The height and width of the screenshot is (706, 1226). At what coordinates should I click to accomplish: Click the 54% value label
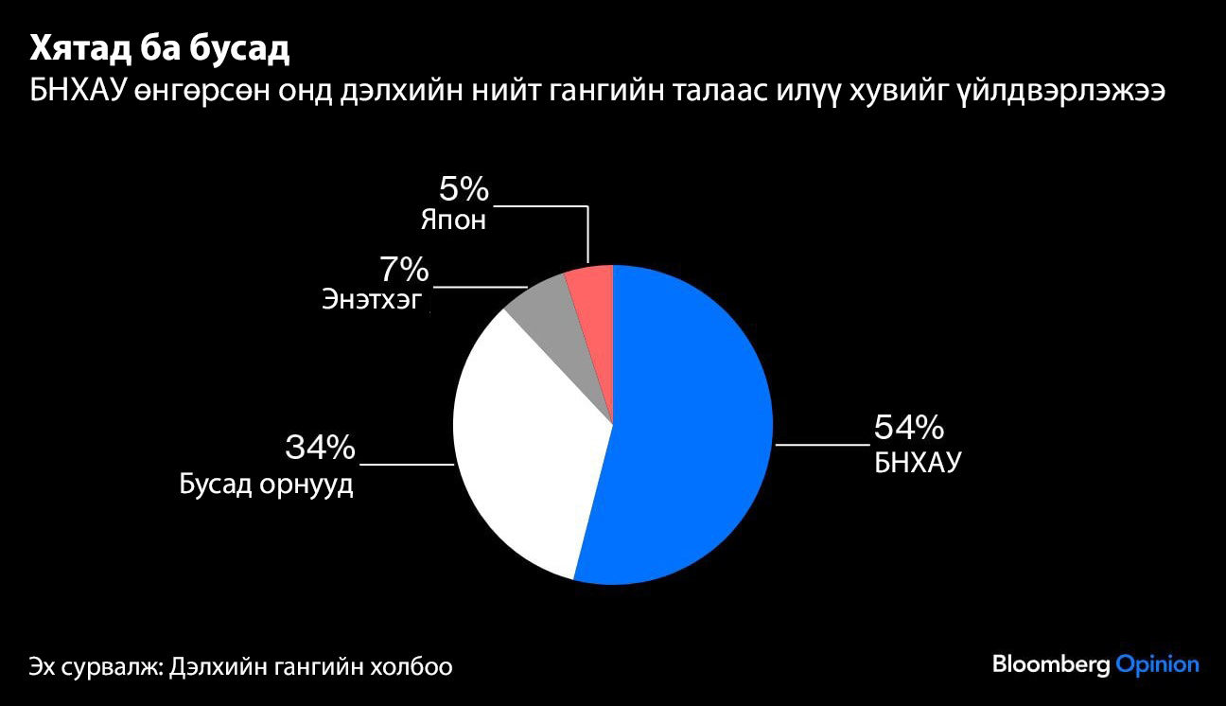908,428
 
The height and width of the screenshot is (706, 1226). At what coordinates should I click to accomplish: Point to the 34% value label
320,447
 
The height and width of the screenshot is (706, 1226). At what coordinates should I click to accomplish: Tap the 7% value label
404,272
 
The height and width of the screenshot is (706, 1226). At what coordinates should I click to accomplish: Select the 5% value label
464,190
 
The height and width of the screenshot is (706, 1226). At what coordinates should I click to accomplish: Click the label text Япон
453,221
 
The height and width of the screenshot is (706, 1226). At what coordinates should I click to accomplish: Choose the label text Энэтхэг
371,302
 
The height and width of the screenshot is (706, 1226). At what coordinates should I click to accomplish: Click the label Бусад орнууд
266,485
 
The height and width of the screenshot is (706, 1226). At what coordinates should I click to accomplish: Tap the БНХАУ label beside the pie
917,463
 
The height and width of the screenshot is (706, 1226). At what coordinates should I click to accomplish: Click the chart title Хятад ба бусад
159,50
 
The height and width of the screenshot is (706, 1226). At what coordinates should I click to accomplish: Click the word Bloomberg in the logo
1050,664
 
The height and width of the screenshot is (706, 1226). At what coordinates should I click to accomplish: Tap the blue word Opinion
1157,664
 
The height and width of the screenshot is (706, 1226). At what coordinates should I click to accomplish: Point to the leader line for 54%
821,443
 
